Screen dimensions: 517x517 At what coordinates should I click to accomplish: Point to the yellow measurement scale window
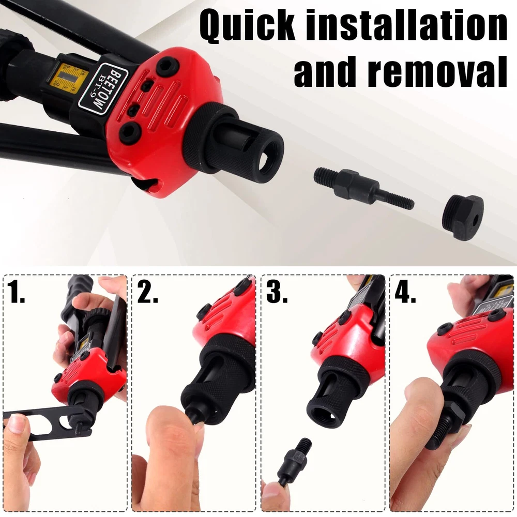coord(68,79)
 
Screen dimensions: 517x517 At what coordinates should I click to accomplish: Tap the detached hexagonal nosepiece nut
coord(463,217)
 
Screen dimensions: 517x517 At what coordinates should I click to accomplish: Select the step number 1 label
coord(16,291)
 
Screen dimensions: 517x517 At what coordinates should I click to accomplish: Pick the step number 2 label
coord(147,291)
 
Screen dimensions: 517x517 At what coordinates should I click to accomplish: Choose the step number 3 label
coord(276,291)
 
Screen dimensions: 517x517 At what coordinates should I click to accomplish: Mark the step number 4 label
coord(405,291)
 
